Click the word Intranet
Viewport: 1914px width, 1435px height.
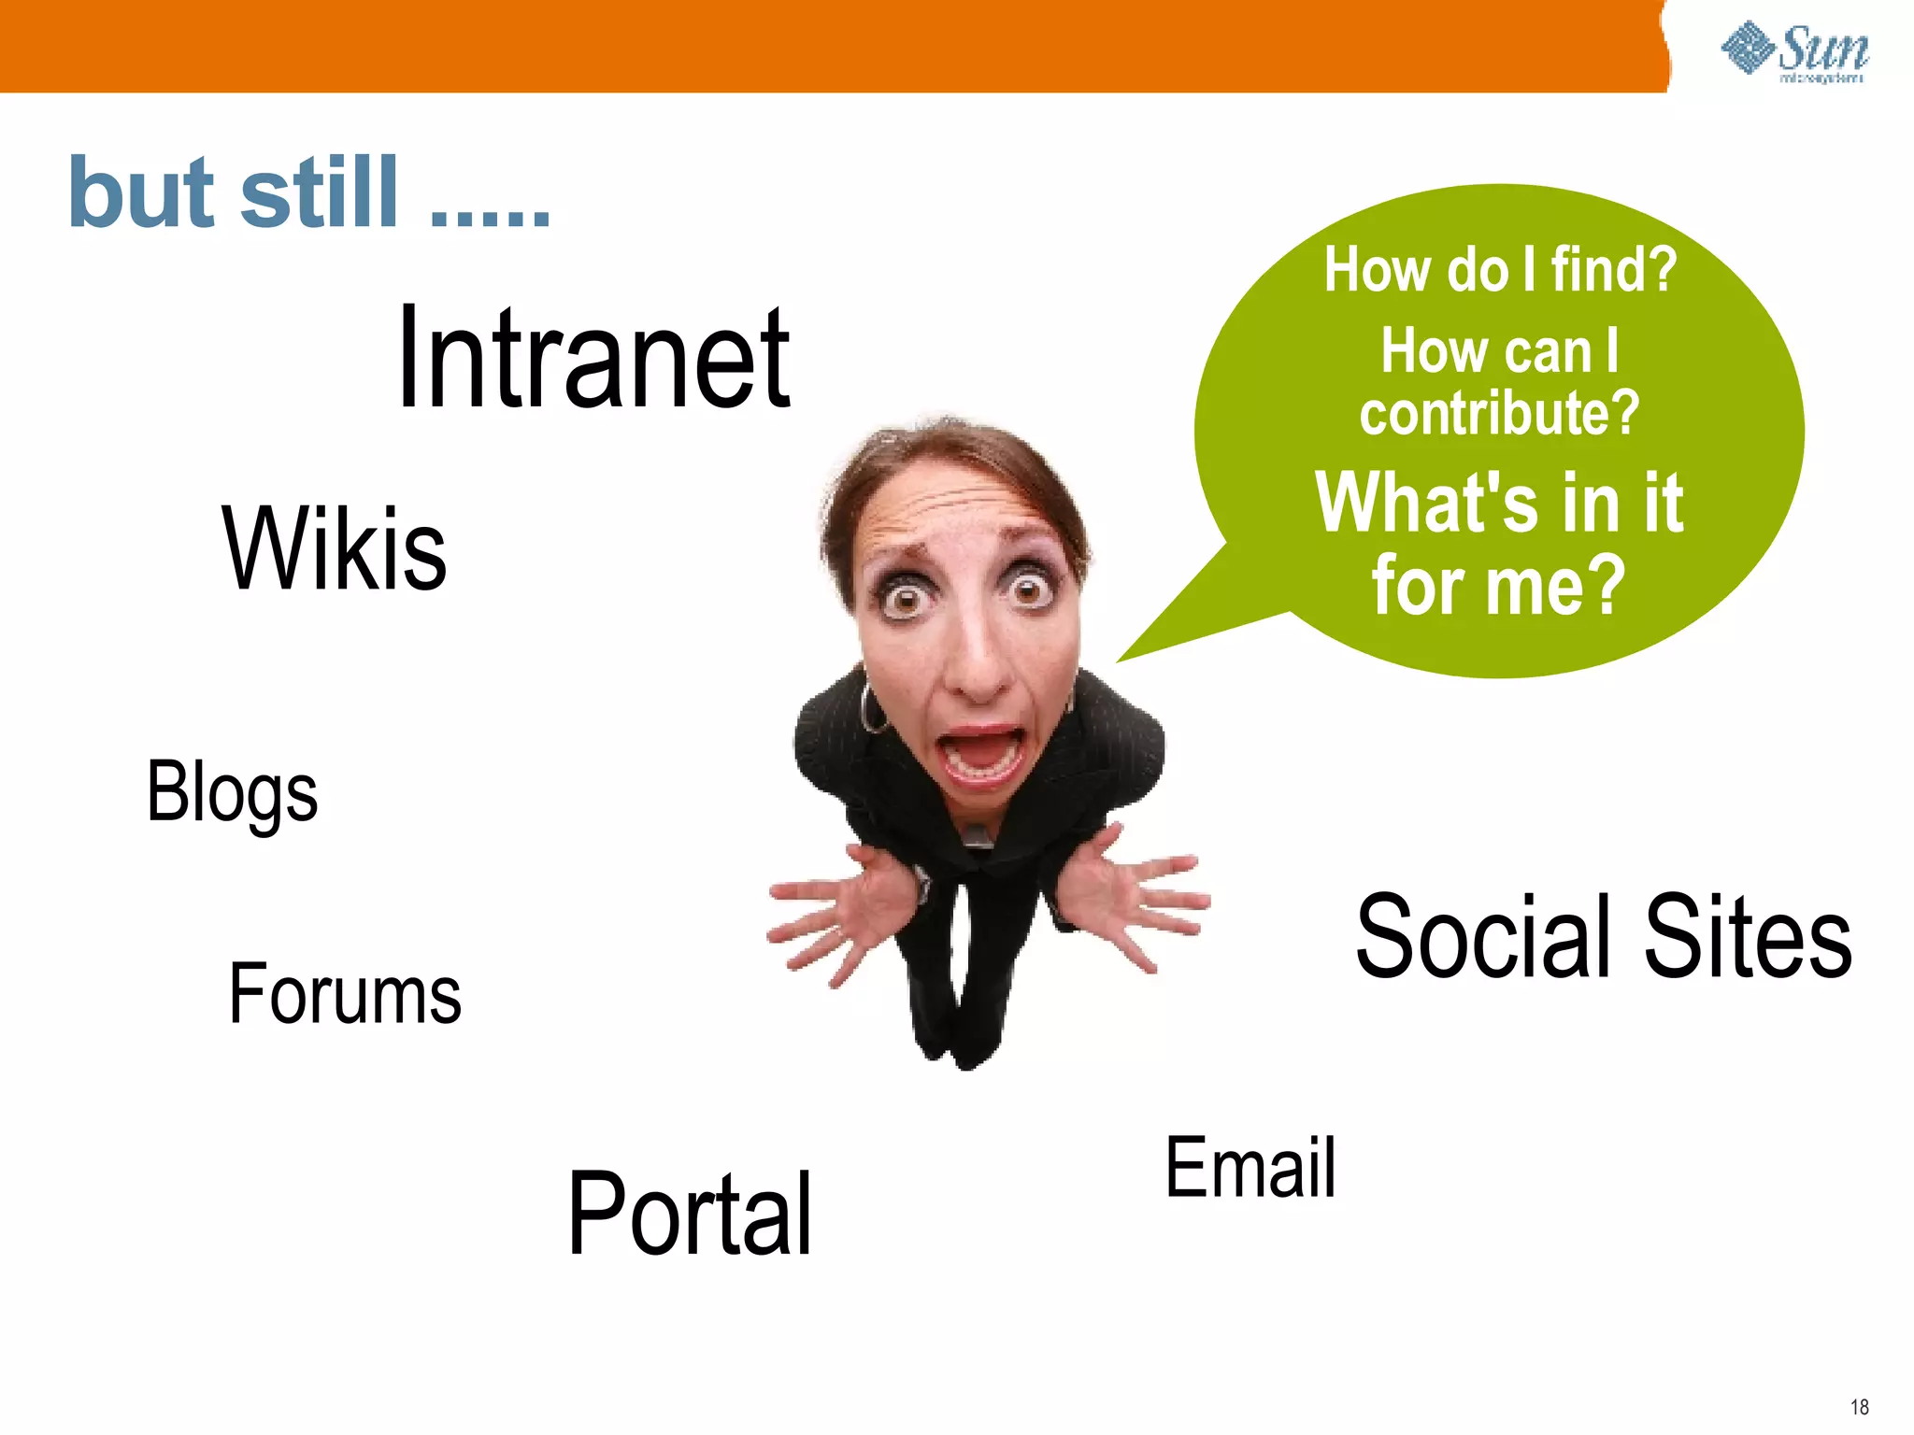click(594, 360)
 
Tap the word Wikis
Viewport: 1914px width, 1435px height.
click(335, 549)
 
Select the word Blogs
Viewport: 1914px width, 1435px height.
click(233, 792)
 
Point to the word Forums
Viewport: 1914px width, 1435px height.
click(345, 995)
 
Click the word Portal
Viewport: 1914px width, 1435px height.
click(690, 1215)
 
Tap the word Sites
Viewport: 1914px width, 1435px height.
click(1748, 937)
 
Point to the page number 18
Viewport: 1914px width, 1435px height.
click(1859, 1407)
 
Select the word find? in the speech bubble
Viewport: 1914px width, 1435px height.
click(1614, 270)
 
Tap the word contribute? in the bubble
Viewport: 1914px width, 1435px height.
click(1499, 413)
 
